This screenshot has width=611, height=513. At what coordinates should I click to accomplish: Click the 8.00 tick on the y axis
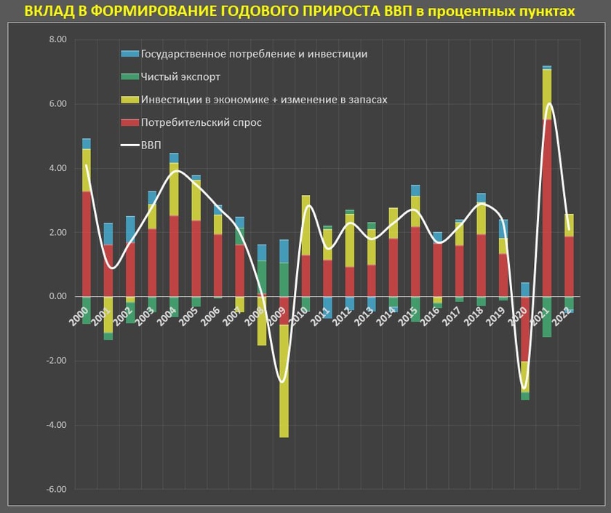point(56,40)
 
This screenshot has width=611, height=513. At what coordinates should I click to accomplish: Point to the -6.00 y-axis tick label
point(56,489)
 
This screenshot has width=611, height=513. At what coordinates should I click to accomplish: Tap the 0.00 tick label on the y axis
point(56,297)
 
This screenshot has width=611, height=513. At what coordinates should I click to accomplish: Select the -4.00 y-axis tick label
point(56,425)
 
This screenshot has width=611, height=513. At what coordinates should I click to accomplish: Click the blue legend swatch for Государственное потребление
point(129,54)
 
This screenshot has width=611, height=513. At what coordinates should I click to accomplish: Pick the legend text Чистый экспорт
point(180,76)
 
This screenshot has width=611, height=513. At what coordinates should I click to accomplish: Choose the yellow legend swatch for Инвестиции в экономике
point(129,100)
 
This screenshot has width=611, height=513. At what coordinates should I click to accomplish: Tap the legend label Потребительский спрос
point(201,122)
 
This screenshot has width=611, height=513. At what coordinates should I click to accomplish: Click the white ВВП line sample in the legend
point(129,146)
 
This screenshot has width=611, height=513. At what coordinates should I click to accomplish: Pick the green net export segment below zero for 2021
point(546,317)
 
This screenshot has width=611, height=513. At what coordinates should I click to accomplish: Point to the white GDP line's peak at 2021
point(548,103)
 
